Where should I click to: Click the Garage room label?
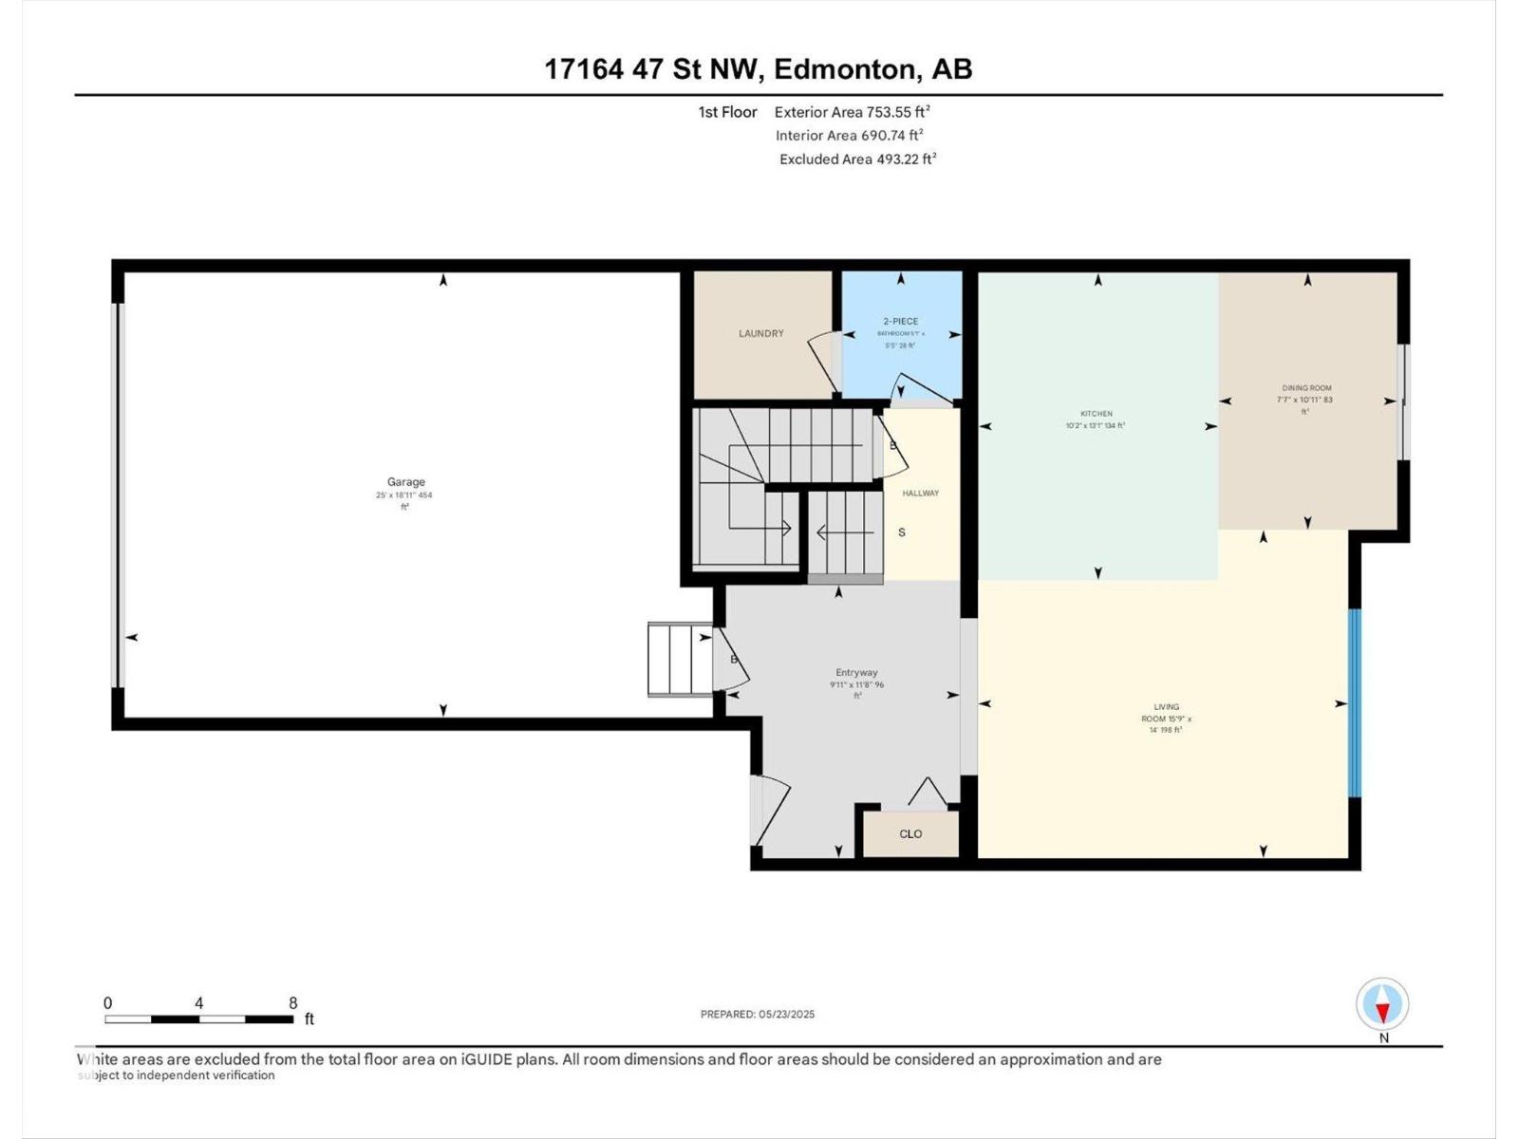(x=405, y=482)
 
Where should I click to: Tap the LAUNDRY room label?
(x=761, y=333)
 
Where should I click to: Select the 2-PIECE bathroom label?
(x=900, y=322)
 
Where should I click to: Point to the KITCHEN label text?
(x=1097, y=414)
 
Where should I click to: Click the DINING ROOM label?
(x=1306, y=388)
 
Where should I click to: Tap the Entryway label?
(x=856, y=672)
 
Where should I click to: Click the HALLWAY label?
(x=920, y=494)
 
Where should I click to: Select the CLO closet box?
(x=910, y=834)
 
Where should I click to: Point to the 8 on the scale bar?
(x=293, y=1003)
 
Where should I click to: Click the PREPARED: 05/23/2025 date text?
(x=757, y=1014)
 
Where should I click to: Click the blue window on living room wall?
(x=1355, y=702)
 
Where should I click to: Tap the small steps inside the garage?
(x=679, y=659)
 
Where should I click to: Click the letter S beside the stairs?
(x=901, y=532)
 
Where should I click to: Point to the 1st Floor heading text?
(x=727, y=112)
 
